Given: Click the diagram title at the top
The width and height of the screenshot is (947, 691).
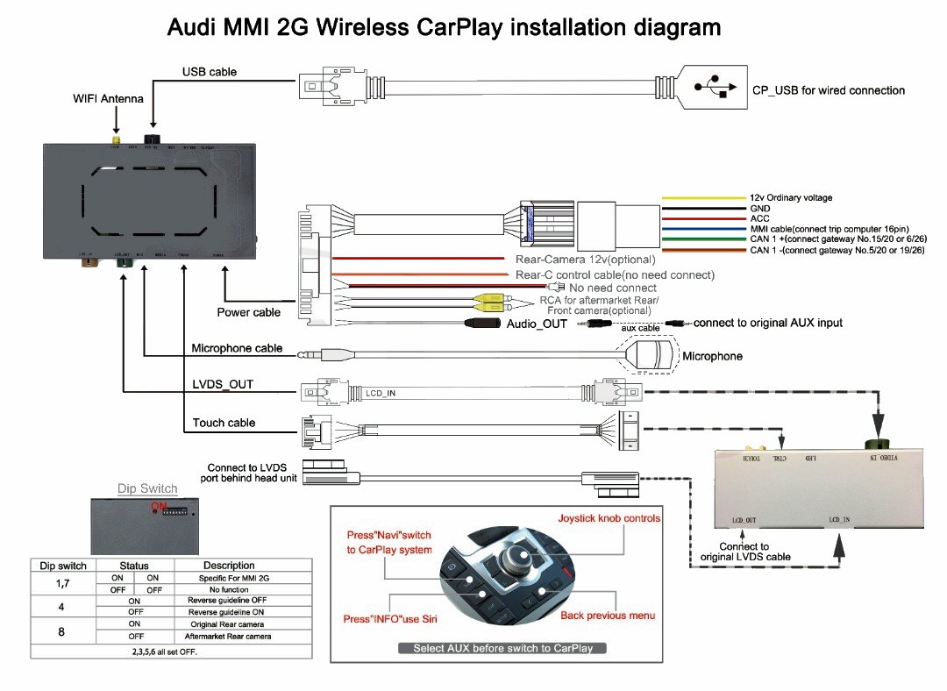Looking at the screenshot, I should point(444,28).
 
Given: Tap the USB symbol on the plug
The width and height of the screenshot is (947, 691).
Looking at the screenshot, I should point(713,87).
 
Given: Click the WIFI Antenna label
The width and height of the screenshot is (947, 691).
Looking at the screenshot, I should point(108,99).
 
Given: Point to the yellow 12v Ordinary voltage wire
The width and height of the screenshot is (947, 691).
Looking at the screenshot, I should point(701,197).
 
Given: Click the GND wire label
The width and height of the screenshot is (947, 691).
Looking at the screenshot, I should point(760,209).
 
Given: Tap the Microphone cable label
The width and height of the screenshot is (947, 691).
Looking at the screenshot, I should point(237,348).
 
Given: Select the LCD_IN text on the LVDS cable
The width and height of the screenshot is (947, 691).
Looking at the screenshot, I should point(381,392).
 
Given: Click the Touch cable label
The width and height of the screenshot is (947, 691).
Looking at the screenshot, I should point(224,423).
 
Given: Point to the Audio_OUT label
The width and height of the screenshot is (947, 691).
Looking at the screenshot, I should point(537,324).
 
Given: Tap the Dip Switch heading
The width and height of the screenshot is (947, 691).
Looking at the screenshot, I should point(147,488).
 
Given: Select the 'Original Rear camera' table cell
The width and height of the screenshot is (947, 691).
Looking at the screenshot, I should point(229,623).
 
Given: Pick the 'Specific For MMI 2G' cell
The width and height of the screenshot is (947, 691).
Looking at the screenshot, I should point(229,579).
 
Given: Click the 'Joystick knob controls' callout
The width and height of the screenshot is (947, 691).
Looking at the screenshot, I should point(609,518).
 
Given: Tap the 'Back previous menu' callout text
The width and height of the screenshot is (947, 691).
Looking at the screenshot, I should point(608,616).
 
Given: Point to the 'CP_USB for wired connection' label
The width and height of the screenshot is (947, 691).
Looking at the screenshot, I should point(828,90).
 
